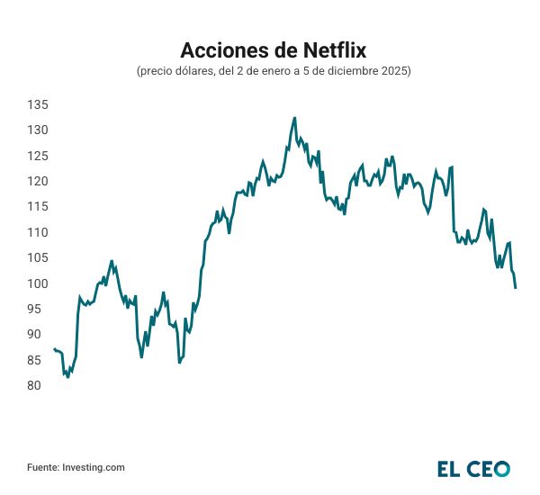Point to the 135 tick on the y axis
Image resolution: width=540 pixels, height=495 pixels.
37,105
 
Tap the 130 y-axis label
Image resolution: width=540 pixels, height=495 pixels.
37,130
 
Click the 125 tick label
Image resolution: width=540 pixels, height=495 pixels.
37,157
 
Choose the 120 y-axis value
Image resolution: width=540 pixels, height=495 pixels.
37,182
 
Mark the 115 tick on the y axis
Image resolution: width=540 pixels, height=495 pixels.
37,207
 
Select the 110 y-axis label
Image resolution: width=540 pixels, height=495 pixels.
37,233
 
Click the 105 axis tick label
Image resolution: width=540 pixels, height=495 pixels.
37,258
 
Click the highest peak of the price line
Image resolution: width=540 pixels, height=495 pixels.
294,118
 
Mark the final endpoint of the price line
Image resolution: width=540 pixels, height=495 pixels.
516,288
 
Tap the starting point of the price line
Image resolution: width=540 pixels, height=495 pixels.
54,349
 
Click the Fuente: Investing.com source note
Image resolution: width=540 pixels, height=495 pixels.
76,467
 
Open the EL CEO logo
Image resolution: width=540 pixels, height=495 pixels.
473,468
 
